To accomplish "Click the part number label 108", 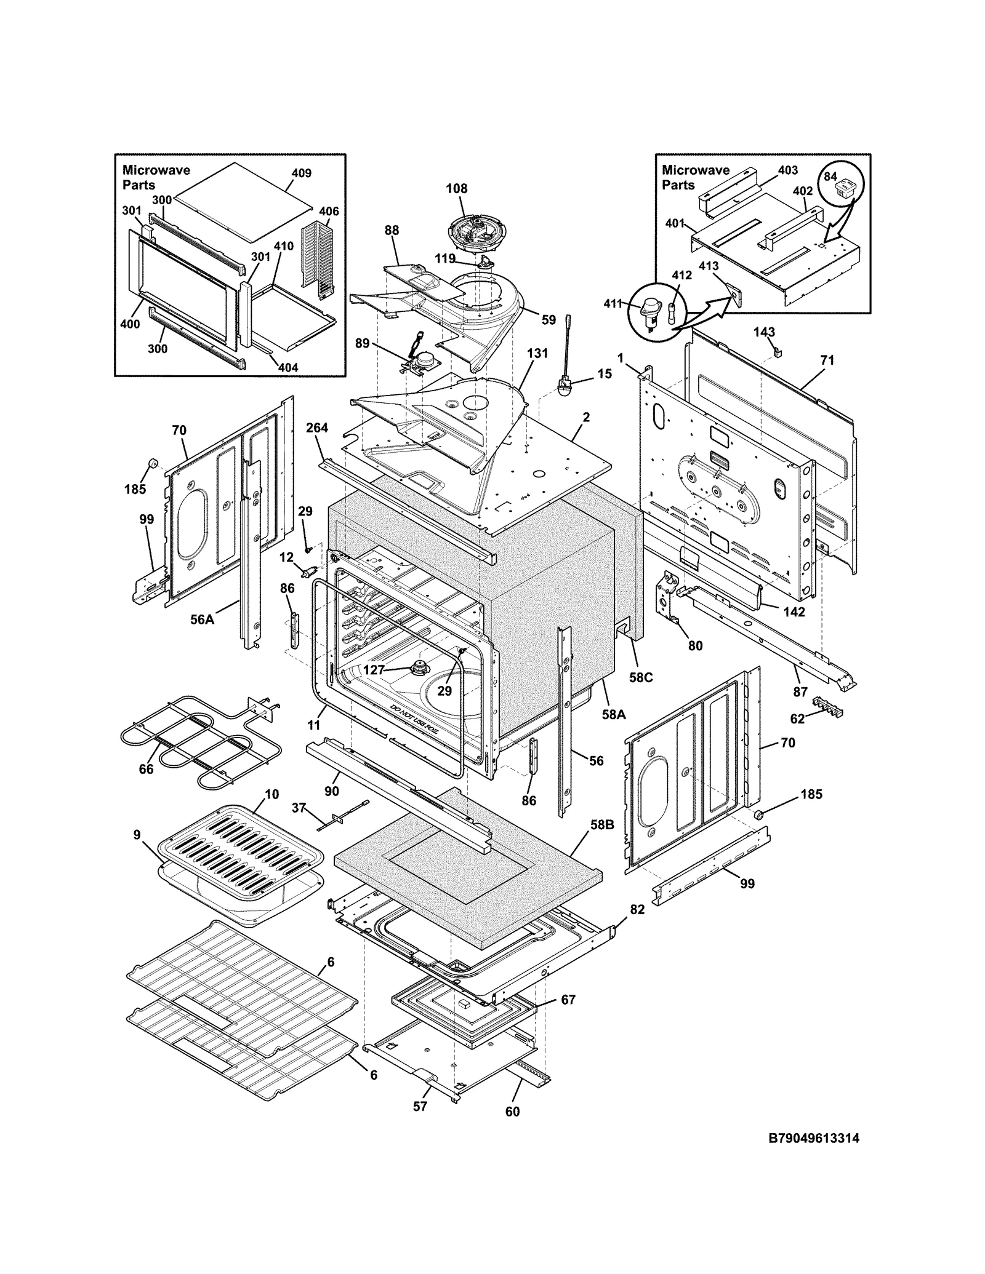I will (457, 189).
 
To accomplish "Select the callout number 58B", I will (602, 824).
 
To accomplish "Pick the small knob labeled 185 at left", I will (151, 463).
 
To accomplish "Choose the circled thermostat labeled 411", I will (648, 309).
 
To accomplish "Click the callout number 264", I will (317, 428).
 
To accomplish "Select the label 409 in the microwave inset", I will (301, 173).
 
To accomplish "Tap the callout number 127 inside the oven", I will (374, 670).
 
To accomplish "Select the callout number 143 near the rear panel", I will (764, 332).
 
